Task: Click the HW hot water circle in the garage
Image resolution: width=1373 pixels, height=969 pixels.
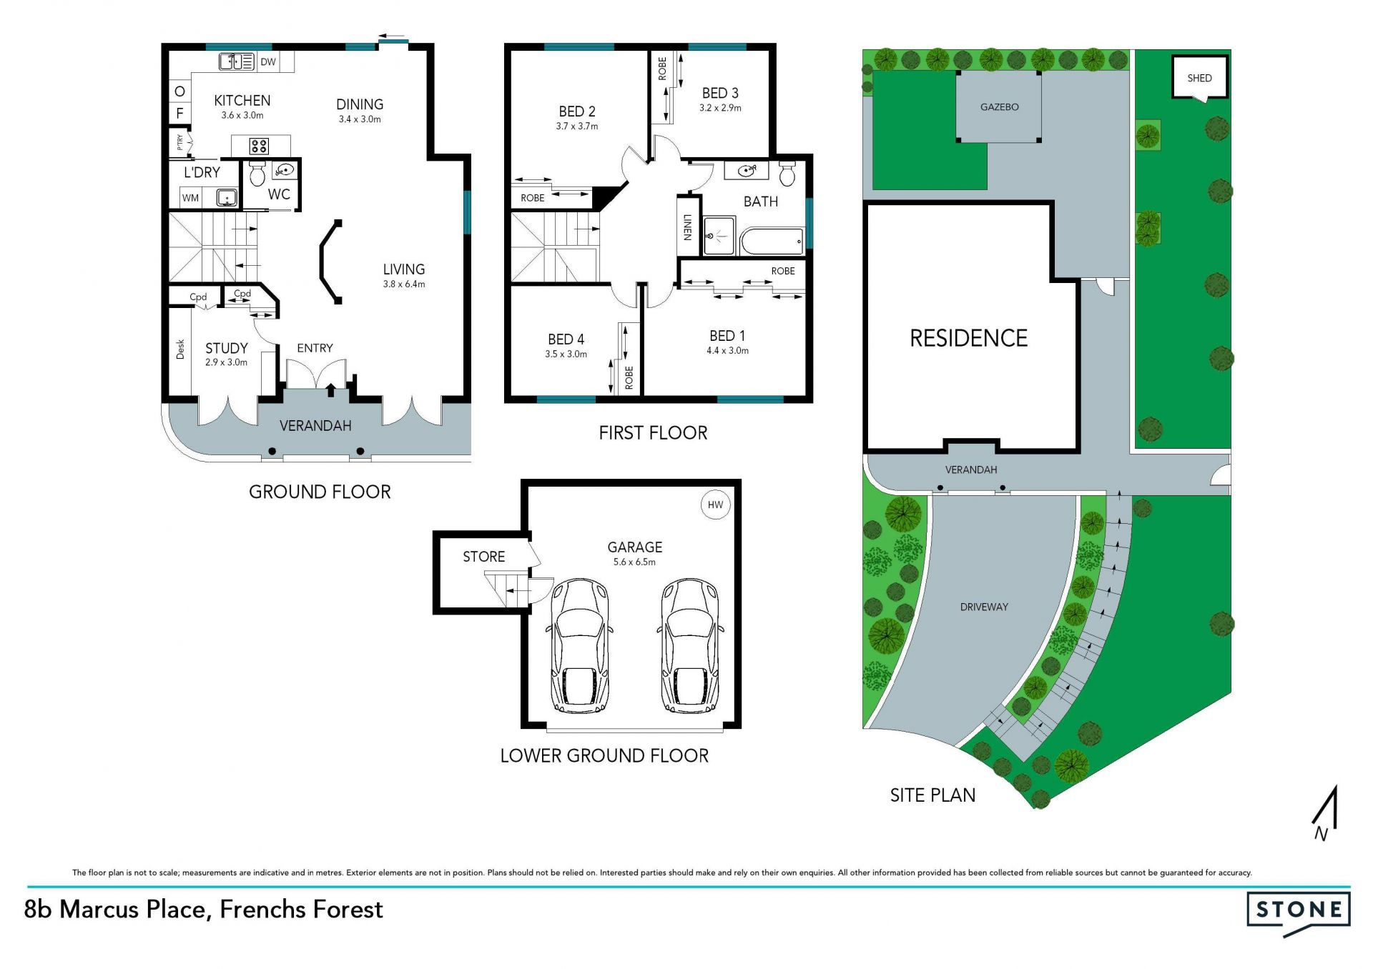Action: pos(715,505)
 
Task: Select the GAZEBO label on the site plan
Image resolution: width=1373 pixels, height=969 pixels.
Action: pos(999,106)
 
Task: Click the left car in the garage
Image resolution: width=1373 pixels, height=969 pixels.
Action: pos(579,646)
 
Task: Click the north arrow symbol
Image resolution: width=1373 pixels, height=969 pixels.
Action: pos(1325,813)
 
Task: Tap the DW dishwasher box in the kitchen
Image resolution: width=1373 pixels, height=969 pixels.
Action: pos(268,62)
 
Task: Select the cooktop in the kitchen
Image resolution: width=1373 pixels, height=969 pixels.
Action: pos(259,146)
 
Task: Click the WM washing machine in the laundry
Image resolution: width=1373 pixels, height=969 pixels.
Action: pos(191,198)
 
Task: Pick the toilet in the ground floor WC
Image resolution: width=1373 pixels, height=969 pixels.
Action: pos(257,174)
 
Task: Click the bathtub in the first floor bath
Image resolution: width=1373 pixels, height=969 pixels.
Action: pos(773,242)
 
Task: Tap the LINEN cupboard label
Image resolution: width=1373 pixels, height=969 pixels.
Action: pos(687,227)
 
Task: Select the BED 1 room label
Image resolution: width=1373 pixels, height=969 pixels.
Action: pos(727,336)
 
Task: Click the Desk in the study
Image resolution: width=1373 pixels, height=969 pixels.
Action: pos(180,349)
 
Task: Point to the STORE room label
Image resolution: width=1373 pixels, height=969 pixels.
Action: pos(483,557)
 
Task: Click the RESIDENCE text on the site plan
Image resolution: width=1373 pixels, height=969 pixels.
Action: pos(968,338)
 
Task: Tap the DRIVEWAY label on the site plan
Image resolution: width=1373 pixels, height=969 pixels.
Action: pos(984,607)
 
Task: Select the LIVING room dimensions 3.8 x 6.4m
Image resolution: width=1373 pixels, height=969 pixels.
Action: pos(404,284)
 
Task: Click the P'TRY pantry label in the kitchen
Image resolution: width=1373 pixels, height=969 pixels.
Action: pos(180,142)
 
